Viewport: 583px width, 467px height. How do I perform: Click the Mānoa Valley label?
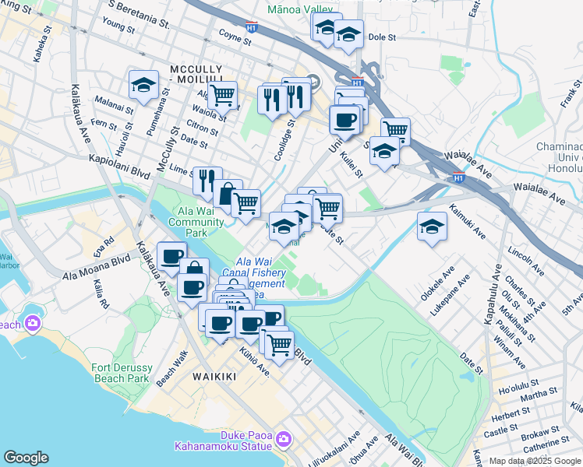coord(299,10)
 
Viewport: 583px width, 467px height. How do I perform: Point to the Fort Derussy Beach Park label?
coord(119,373)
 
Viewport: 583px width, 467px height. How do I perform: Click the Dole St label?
coord(383,37)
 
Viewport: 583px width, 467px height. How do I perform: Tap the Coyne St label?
coord(234,34)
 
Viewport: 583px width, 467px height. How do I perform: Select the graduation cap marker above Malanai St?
coord(144,86)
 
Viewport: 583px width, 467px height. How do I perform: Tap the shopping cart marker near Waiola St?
coord(222,95)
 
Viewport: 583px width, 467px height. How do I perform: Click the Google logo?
coord(26,458)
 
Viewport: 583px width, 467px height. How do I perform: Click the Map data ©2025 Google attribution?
coord(535,461)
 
